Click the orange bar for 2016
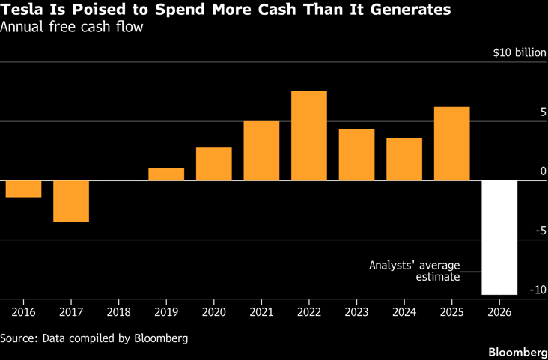(x=23, y=189)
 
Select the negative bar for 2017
(x=71, y=201)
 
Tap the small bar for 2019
(x=166, y=174)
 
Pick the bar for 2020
(x=214, y=164)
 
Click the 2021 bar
(x=261, y=151)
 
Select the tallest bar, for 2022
(x=309, y=135)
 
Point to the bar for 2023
(x=356, y=155)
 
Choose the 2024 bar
(x=404, y=159)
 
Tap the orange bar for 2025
(x=452, y=144)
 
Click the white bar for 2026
(x=499, y=238)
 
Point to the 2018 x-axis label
(x=119, y=312)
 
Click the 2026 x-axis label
(x=499, y=312)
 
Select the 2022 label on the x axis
(x=309, y=312)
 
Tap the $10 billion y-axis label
(x=520, y=53)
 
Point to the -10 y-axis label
(x=538, y=290)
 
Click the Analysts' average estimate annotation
(x=415, y=271)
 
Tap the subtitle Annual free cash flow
(x=72, y=27)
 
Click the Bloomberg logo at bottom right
(x=518, y=353)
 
